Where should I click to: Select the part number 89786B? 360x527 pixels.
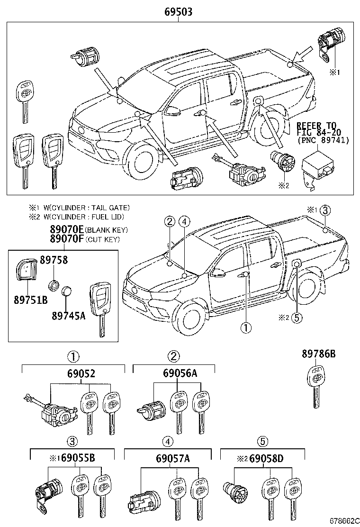[318, 354]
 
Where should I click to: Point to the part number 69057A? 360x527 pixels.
[173, 458]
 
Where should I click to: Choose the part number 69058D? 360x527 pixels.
[266, 458]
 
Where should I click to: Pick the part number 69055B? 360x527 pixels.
[77, 458]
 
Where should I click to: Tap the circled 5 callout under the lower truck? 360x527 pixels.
[297, 318]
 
